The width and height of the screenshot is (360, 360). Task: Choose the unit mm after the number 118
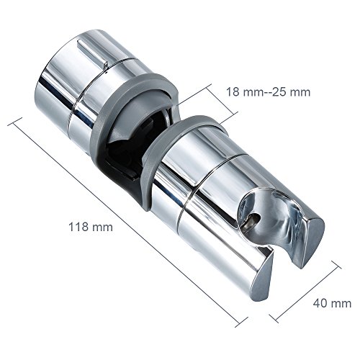pos(104,227)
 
